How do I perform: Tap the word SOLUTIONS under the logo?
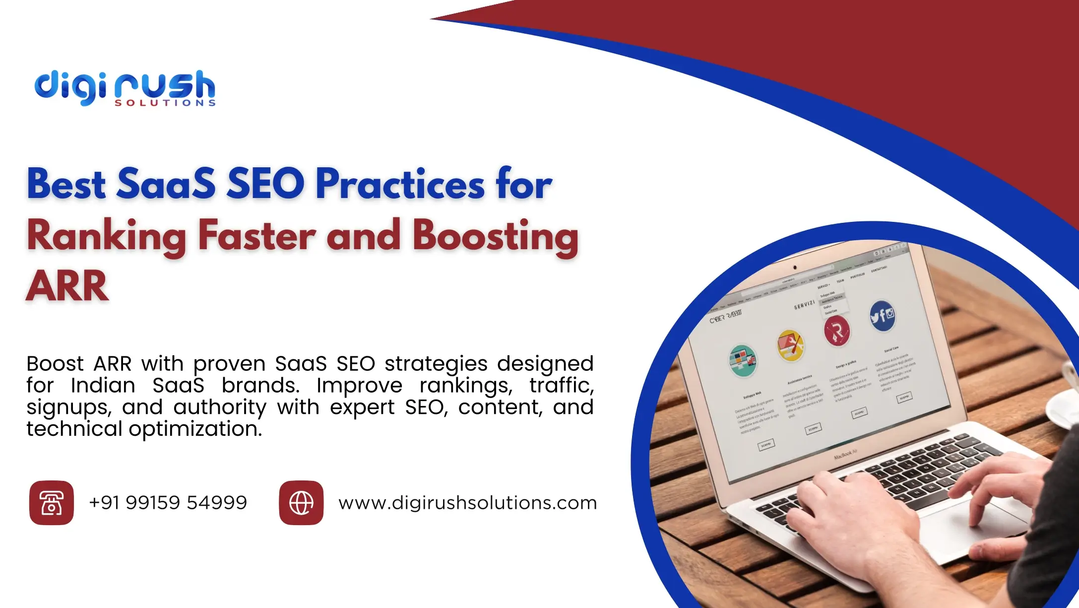point(165,103)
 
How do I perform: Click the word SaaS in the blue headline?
point(166,184)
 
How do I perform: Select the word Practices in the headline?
point(400,184)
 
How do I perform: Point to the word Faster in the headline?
point(256,236)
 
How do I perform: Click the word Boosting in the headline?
point(495,236)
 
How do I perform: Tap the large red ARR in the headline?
point(67,286)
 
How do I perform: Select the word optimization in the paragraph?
point(195,429)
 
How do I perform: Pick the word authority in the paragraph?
point(220,407)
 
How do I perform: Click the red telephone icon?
point(52,503)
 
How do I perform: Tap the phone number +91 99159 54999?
point(168,503)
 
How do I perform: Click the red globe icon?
point(301,503)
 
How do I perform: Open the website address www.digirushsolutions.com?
point(467,503)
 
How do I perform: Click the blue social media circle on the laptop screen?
point(883,315)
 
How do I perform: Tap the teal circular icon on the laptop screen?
point(743,361)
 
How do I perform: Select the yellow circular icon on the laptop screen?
point(790,345)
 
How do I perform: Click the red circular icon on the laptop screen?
point(837,331)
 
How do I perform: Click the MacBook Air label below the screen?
point(845,454)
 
